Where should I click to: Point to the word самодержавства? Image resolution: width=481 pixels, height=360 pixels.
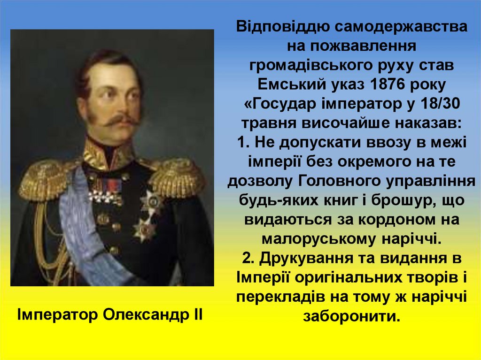pos(401,26)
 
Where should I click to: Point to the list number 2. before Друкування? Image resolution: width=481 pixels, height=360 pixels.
pos(249,258)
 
